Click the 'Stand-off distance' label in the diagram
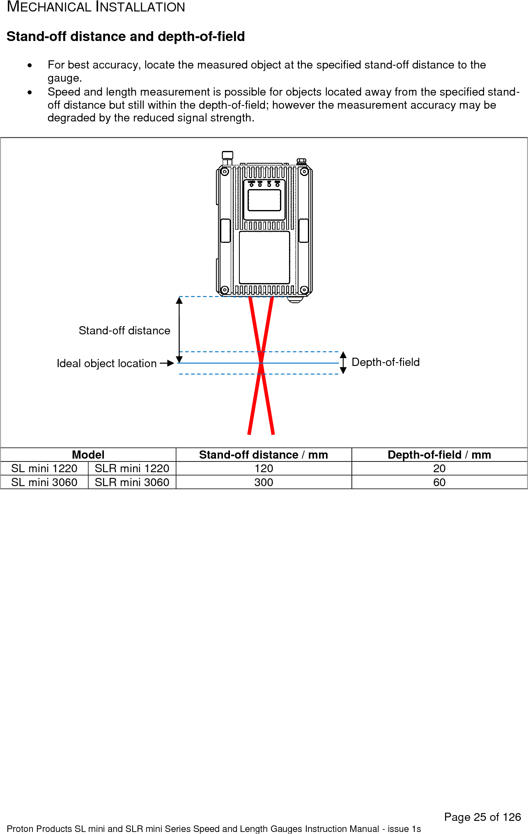coord(124,331)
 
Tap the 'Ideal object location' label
coord(106,363)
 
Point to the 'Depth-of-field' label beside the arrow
coord(386,362)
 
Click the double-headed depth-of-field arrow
coord(343,363)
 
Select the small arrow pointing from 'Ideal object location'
coord(167,363)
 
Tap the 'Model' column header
coord(88,455)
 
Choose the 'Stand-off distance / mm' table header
coord(264,455)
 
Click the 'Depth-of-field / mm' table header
coord(439,455)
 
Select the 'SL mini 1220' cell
coord(44,468)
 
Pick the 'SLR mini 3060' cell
coord(132,482)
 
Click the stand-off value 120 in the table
coord(264,468)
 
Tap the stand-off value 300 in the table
coord(264,482)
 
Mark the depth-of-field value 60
coord(439,482)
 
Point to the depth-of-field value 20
coord(439,468)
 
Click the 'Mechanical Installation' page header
coord(96,7)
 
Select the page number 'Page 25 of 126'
coord(482,817)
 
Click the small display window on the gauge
coord(264,200)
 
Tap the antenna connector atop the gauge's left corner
coord(227,158)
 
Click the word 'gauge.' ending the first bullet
coord(64,78)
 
